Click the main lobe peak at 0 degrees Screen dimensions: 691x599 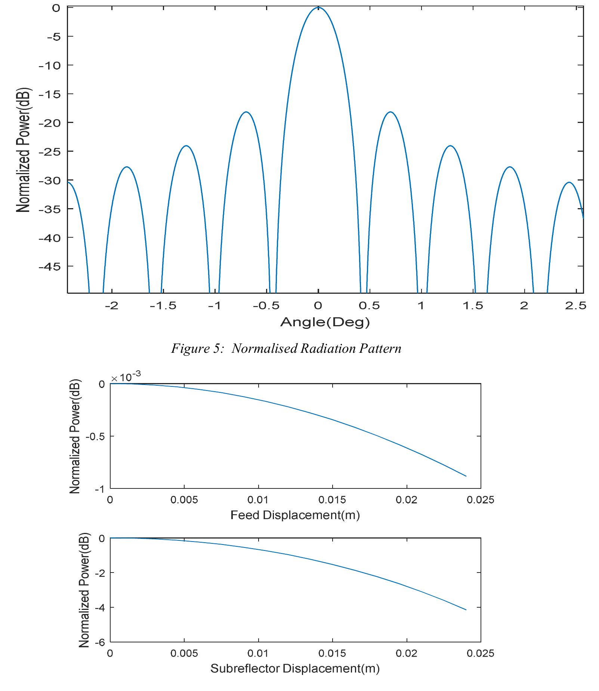[x=318, y=7]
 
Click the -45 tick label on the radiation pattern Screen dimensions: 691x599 [x=50, y=266]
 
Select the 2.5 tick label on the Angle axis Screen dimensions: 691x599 [x=575, y=306]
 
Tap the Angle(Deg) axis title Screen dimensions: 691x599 [x=325, y=322]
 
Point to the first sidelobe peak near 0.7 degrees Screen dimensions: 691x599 [x=390, y=112]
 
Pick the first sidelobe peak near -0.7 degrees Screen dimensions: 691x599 [x=246, y=112]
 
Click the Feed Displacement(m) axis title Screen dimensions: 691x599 [x=295, y=515]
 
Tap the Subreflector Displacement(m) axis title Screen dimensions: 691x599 [x=295, y=668]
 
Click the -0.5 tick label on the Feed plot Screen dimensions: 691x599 [x=95, y=436]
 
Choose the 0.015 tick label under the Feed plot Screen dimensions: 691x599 [x=332, y=500]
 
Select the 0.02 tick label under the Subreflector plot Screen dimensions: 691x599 [x=406, y=653]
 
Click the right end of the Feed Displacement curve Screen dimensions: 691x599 [x=466, y=476]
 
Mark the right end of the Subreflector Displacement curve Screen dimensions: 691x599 [x=466, y=610]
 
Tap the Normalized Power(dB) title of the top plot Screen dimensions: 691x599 [x=23, y=150]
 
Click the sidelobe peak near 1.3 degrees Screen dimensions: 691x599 [x=450, y=146]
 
